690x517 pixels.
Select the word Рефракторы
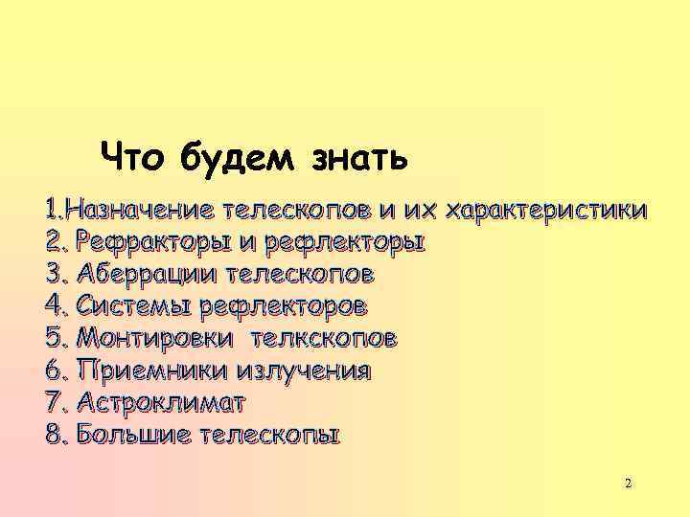(x=149, y=242)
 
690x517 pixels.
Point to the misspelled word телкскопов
(x=325, y=339)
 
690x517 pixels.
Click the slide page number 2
(x=628, y=483)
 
